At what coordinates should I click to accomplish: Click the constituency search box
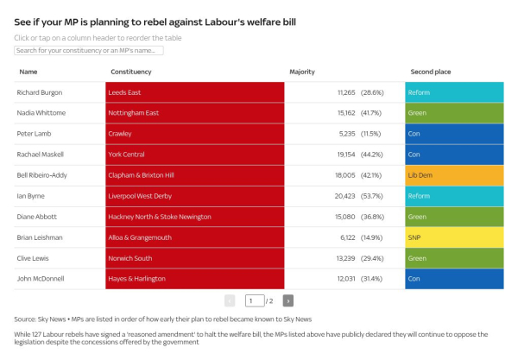pyautogui.click(x=88, y=51)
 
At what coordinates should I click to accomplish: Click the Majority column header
pyautogui.click(x=302, y=72)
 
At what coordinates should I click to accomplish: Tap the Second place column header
pyautogui.click(x=431, y=72)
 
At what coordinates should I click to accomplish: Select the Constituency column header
pyautogui.click(x=131, y=72)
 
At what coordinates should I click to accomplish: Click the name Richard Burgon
pyautogui.click(x=40, y=92)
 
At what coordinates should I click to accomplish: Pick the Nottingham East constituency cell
pyautogui.click(x=195, y=112)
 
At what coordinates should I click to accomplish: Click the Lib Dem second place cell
pyautogui.click(x=454, y=175)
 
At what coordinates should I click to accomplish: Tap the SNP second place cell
pyautogui.click(x=454, y=237)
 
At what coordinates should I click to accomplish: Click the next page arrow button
pyautogui.click(x=288, y=300)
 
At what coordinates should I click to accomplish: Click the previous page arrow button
pyautogui.click(x=230, y=300)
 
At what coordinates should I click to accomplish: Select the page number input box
pyautogui.click(x=254, y=300)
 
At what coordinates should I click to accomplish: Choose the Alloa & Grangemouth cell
pyautogui.click(x=195, y=237)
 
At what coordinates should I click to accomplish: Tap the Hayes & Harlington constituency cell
pyautogui.click(x=195, y=279)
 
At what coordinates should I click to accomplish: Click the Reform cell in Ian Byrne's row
pyautogui.click(x=454, y=196)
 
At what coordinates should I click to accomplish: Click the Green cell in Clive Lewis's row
pyautogui.click(x=454, y=258)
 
